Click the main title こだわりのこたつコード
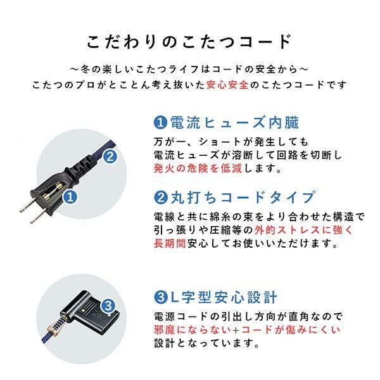point(189,42)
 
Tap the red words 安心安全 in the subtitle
point(227,85)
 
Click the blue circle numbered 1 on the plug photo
point(70,196)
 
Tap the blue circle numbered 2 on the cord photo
point(110,156)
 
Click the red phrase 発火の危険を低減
point(198,168)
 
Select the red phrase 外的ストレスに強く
point(304,231)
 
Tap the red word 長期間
point(170,243)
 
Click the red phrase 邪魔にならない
point(193,330)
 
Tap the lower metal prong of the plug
point(38,217)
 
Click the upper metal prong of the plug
point(28,206)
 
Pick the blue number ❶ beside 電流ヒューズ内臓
point(161,123)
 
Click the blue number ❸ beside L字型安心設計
point(161,297)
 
